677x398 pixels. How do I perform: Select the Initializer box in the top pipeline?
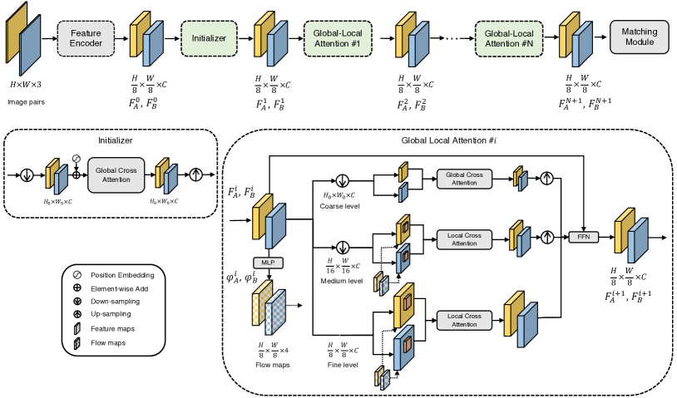(x=209, y=37)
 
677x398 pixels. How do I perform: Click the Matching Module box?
(x=639, y=37)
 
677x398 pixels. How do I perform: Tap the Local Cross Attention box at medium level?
(x=465, y=238)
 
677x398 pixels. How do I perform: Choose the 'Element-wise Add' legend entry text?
(x=124, y=287)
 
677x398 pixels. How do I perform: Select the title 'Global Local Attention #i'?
(x=449, y=142)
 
